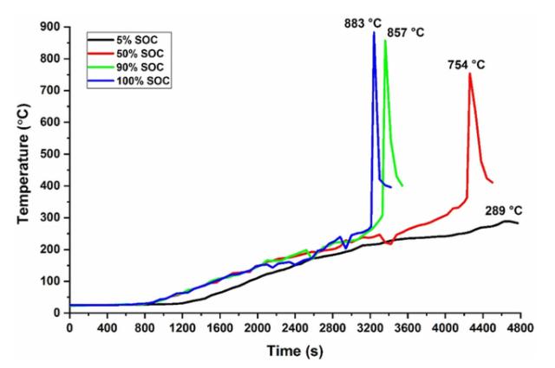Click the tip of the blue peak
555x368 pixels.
coord(374,33)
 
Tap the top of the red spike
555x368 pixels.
coord(469,74)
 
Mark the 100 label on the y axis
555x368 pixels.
coord(50,281)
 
